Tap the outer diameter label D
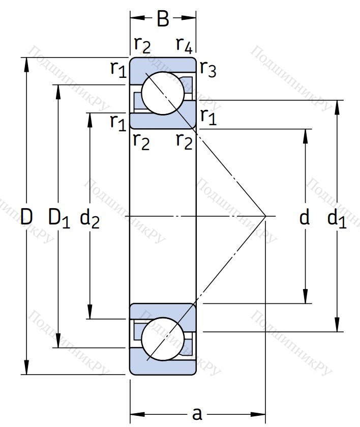[26, 217]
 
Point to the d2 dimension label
[90, 218]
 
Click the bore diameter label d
[305, 218]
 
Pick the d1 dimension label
[337, 218]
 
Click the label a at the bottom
[197, 413]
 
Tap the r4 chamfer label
[184, 45]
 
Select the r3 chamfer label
[207, 69]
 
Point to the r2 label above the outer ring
[143, 45]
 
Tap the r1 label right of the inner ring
[208, 116]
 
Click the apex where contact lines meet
[266, 217]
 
